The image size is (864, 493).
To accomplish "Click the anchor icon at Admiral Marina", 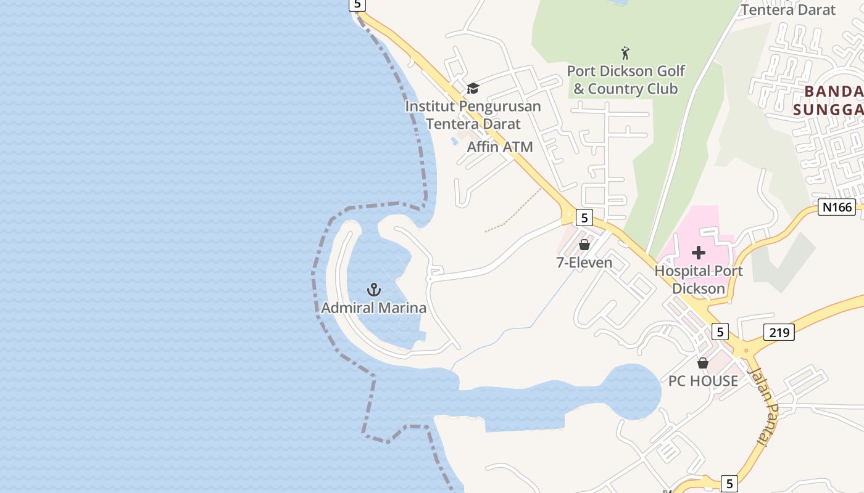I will coord(374,289).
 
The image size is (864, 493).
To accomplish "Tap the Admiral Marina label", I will coord(374,308).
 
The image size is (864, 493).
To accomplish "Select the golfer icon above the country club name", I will coord(626,53).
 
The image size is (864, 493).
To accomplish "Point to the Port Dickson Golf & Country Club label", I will coord(626,80).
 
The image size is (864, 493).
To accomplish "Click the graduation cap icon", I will coord(473,88).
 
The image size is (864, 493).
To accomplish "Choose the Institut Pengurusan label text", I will coord(473,107).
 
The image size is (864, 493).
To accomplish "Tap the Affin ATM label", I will coord(500,147).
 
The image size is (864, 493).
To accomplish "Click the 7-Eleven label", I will coord(584,263).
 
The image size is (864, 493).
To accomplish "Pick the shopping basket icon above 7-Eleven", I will coord(584,245).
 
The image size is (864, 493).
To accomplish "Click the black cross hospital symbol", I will coord(699,252).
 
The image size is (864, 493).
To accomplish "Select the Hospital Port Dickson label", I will coord(699,279).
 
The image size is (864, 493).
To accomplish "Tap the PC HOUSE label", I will coord(703,381).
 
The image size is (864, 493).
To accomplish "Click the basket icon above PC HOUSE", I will coord(703,363).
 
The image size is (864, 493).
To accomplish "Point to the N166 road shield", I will coord(837,207).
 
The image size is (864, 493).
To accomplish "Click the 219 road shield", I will coord(779,332).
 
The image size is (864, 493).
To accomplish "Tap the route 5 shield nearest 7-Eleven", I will coord(584,217).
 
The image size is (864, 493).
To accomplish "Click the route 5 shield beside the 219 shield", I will coord(720,332).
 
